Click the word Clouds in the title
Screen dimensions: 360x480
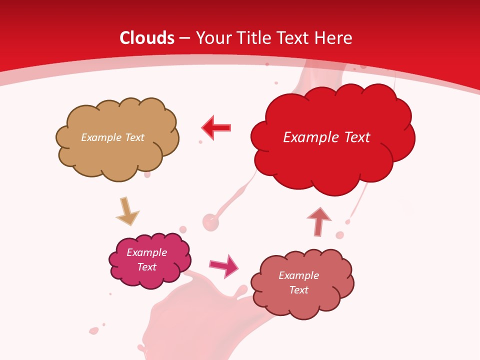[x=147, y=38]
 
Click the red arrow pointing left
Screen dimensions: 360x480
[x=216, y=127]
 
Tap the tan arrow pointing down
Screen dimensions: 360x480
[x=127, y=212]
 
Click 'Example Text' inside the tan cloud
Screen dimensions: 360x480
[x=112, y=137]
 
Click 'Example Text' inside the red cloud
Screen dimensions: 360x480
[x=326, y=137]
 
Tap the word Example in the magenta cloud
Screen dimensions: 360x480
[x=146, y=252]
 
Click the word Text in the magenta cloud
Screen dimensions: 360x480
[x=147, y=267]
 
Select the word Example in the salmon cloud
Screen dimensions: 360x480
[x=298, y=275]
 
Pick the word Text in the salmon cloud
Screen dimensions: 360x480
[x=298, y=290]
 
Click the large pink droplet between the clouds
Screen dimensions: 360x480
[x=210, y=221]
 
